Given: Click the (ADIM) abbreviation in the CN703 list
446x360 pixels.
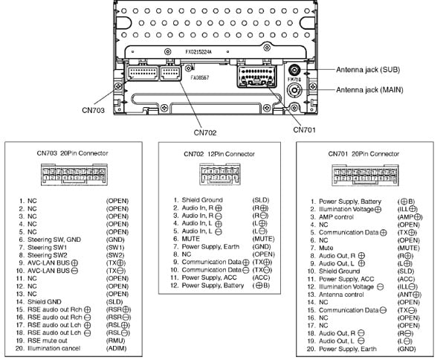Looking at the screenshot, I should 117,348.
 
